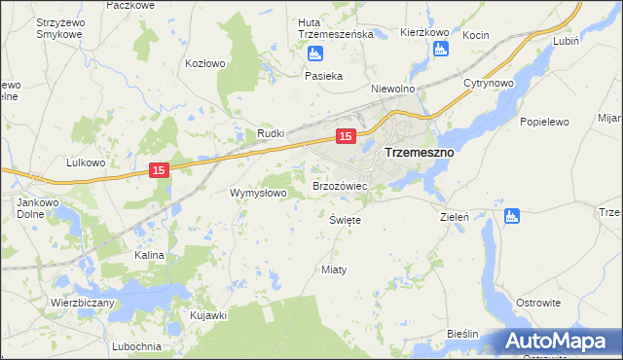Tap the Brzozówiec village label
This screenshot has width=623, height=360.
click(339, 185)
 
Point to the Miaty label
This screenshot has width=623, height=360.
click(334, 269)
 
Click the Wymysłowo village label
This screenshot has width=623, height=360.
click(258, 193)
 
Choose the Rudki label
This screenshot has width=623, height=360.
click(270, 133)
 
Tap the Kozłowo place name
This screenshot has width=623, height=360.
click(205, 63)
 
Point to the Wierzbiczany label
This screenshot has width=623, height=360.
click(83, 303)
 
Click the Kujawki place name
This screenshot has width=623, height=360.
click(208, 315)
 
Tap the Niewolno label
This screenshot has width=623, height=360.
click(393, 88)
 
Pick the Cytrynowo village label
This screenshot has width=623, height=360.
click(489, 84)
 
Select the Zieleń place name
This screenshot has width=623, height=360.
click(456, 217)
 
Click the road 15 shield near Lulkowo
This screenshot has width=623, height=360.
click(161, 170)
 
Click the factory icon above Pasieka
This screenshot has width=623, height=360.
click(314, 54)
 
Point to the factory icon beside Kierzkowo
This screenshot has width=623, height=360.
click(441, 49)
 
